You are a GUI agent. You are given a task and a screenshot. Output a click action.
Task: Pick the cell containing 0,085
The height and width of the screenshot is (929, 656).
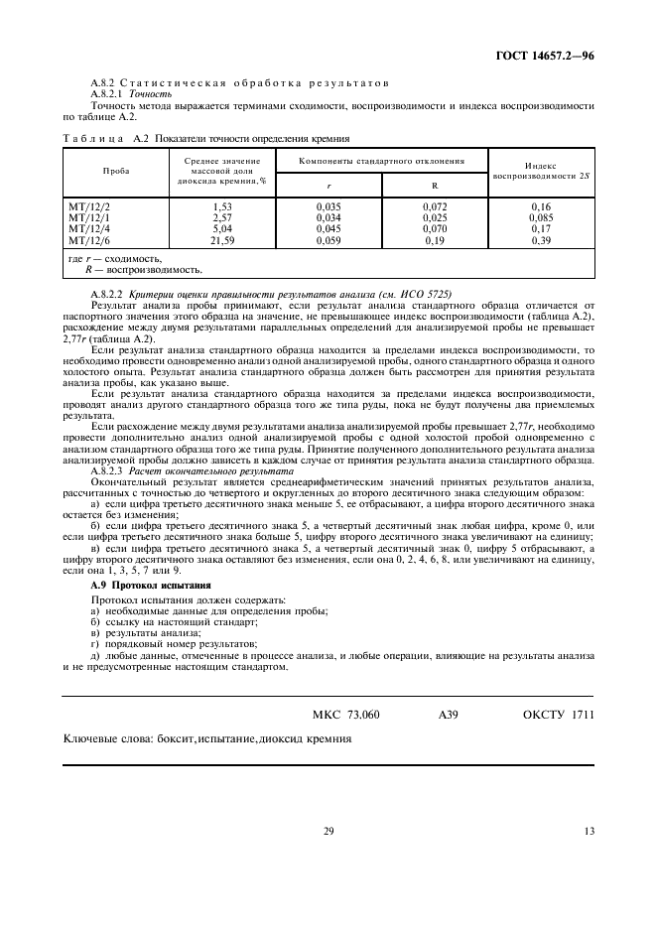click(x=541, y=218)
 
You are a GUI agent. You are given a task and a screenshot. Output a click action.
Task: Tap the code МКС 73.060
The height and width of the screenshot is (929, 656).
click(x=345, y=715)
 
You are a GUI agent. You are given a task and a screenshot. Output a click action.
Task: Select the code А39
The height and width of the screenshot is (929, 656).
click(x=448, y=715)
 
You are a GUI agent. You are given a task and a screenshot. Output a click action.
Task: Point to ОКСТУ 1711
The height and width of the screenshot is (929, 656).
click(x=558, y=715)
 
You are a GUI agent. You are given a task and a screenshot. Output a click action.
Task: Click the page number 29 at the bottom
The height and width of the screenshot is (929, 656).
click(x=328, y=832)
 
